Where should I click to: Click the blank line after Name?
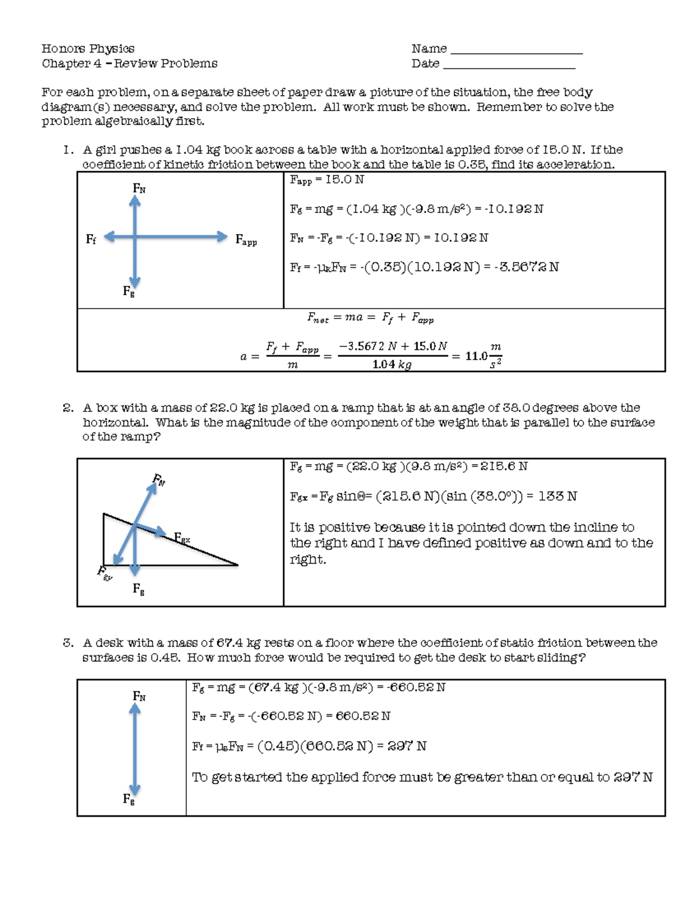517,52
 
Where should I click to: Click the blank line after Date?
509,68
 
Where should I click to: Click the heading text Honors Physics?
88,48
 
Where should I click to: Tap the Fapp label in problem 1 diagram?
246,240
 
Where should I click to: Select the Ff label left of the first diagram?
91,239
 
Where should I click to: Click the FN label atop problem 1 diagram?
139,188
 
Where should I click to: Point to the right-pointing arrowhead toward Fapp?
221,236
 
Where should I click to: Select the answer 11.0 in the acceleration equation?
476,356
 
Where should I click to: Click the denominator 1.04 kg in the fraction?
391,365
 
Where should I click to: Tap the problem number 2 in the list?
68,408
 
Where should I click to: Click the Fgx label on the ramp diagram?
182,538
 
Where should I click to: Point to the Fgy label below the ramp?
104,573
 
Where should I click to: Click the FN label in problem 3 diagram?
139,696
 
